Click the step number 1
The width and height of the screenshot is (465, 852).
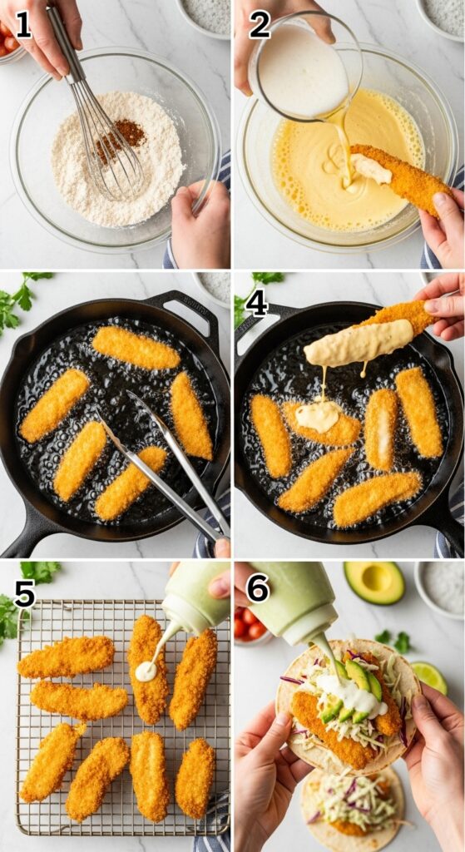[x=22, y=24]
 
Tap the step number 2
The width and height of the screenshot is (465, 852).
[x=260, y=24]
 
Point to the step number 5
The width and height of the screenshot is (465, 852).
[x=24, y=593]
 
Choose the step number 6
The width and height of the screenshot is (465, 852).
[x=258, y=588]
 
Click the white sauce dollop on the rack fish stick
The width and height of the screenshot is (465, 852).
[x=146, y=671]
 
